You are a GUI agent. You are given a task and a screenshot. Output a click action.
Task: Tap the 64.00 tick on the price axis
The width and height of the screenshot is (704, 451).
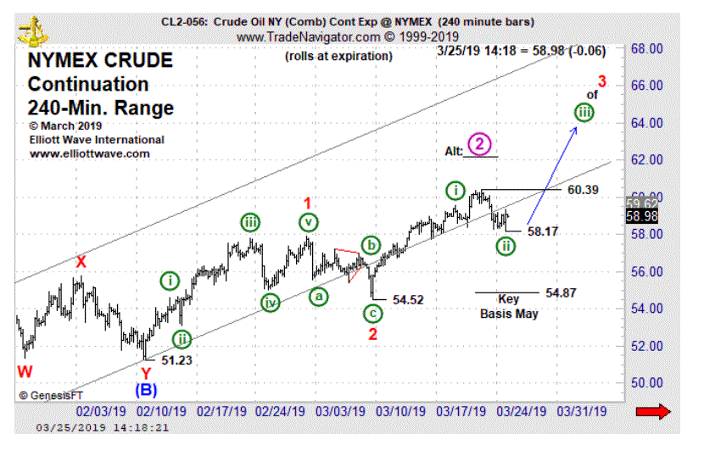(645, 123)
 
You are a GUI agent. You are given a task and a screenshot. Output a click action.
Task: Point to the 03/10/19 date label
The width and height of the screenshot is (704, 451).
(399, 411)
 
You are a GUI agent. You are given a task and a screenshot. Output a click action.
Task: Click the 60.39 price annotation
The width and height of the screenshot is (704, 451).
(582, 190)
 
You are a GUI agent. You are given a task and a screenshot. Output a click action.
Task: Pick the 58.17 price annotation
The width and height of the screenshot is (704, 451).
(544, 231)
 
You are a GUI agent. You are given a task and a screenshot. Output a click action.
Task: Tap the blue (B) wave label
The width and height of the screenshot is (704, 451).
(146, 391)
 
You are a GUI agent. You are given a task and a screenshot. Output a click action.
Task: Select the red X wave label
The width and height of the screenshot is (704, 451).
(80, 262)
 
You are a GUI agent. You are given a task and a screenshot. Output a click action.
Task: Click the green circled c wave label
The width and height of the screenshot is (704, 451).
(373, 314)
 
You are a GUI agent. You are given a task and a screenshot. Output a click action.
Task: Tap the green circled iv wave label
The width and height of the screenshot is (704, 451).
(270, 303)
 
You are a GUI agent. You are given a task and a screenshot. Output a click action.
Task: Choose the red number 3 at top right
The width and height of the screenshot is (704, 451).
(601, 82)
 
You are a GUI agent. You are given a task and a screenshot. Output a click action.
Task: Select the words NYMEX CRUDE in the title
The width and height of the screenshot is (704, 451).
(100, 61)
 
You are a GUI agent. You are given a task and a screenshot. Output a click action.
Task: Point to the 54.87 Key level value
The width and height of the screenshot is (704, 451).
(561, 292)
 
